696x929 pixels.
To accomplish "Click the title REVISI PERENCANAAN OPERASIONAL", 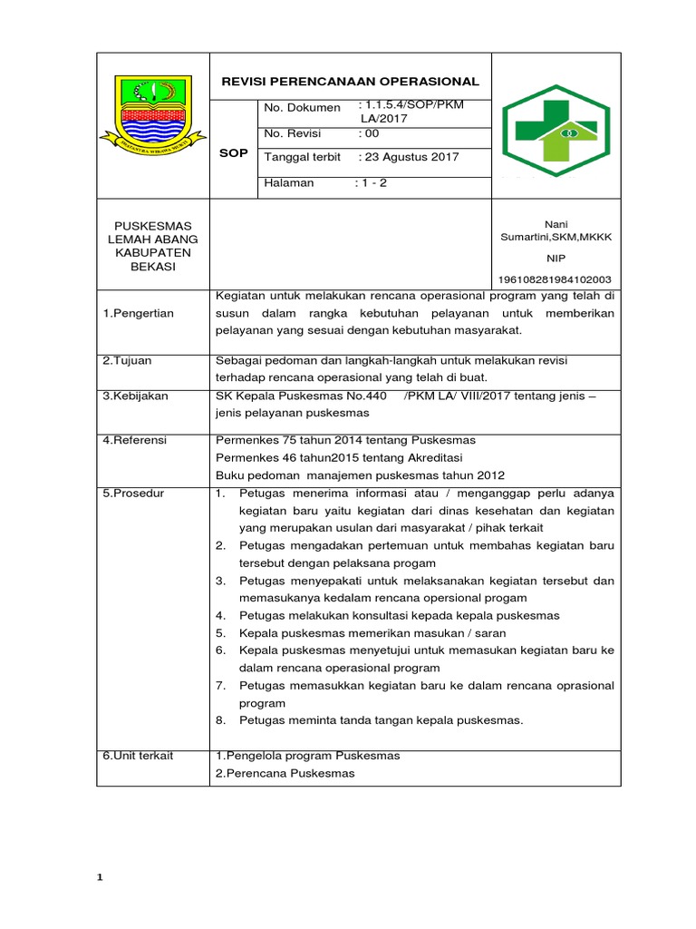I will pos(351,82).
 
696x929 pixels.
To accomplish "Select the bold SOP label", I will pos(233,153).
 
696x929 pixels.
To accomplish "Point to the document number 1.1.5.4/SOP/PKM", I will pos(413,105).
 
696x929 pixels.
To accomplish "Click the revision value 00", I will pos(369,133).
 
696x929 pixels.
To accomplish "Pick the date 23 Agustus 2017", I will pos(410,157).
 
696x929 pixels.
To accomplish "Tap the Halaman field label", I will pos(288,182).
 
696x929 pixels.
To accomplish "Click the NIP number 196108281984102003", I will pos(555,279).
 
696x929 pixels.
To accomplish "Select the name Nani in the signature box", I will pos(555,223).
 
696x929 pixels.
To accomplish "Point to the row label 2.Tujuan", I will pos(127,360).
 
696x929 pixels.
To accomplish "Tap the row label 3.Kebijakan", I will pos(135,396).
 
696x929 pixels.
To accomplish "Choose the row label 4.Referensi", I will pos(136,440).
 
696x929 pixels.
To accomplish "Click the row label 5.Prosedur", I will pos(134,494).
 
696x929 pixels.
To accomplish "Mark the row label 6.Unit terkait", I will pos(138,755).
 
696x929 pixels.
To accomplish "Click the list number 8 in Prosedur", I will pos(220,720).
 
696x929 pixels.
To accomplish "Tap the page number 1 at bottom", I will pos(101,877).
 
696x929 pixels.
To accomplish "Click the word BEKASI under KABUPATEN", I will pos(152,268).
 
